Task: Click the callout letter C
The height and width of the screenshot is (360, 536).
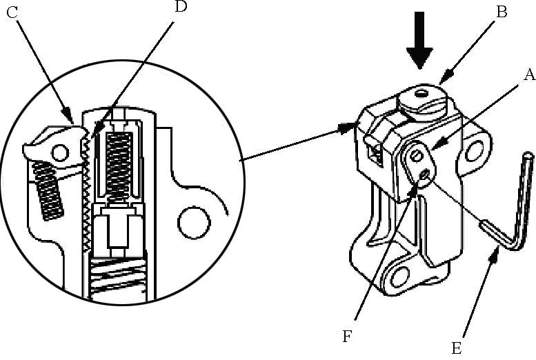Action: pyautogui.click(x=12, y=12)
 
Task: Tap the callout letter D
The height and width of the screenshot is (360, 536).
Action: pyautogui.click(x=181, y=6)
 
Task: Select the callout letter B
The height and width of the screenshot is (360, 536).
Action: pyautogui.click(x=501, y=12)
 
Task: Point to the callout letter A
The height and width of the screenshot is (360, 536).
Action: pyautogui.click(x=530, y=74)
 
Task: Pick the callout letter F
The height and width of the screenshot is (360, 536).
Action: pyautogui.click(x=347, y=337)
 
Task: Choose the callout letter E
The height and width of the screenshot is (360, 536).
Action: pyautogui.click(x=457, y=349)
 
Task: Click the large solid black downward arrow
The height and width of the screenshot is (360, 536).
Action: pyautogui.click(x=419, y=40)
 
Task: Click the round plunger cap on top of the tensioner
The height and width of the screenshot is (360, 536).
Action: pyautogui.click(x=423, y=102)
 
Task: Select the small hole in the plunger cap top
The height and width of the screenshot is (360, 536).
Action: pyautogui.click(x=421, y=93)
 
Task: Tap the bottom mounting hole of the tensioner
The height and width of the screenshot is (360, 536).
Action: pyautogui.click(x=399, y=277)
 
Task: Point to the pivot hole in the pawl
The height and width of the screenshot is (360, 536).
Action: pyautogui.click(x=60, y=152)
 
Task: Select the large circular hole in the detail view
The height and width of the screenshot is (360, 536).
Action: pyautogui.click(x=194, y=223)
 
